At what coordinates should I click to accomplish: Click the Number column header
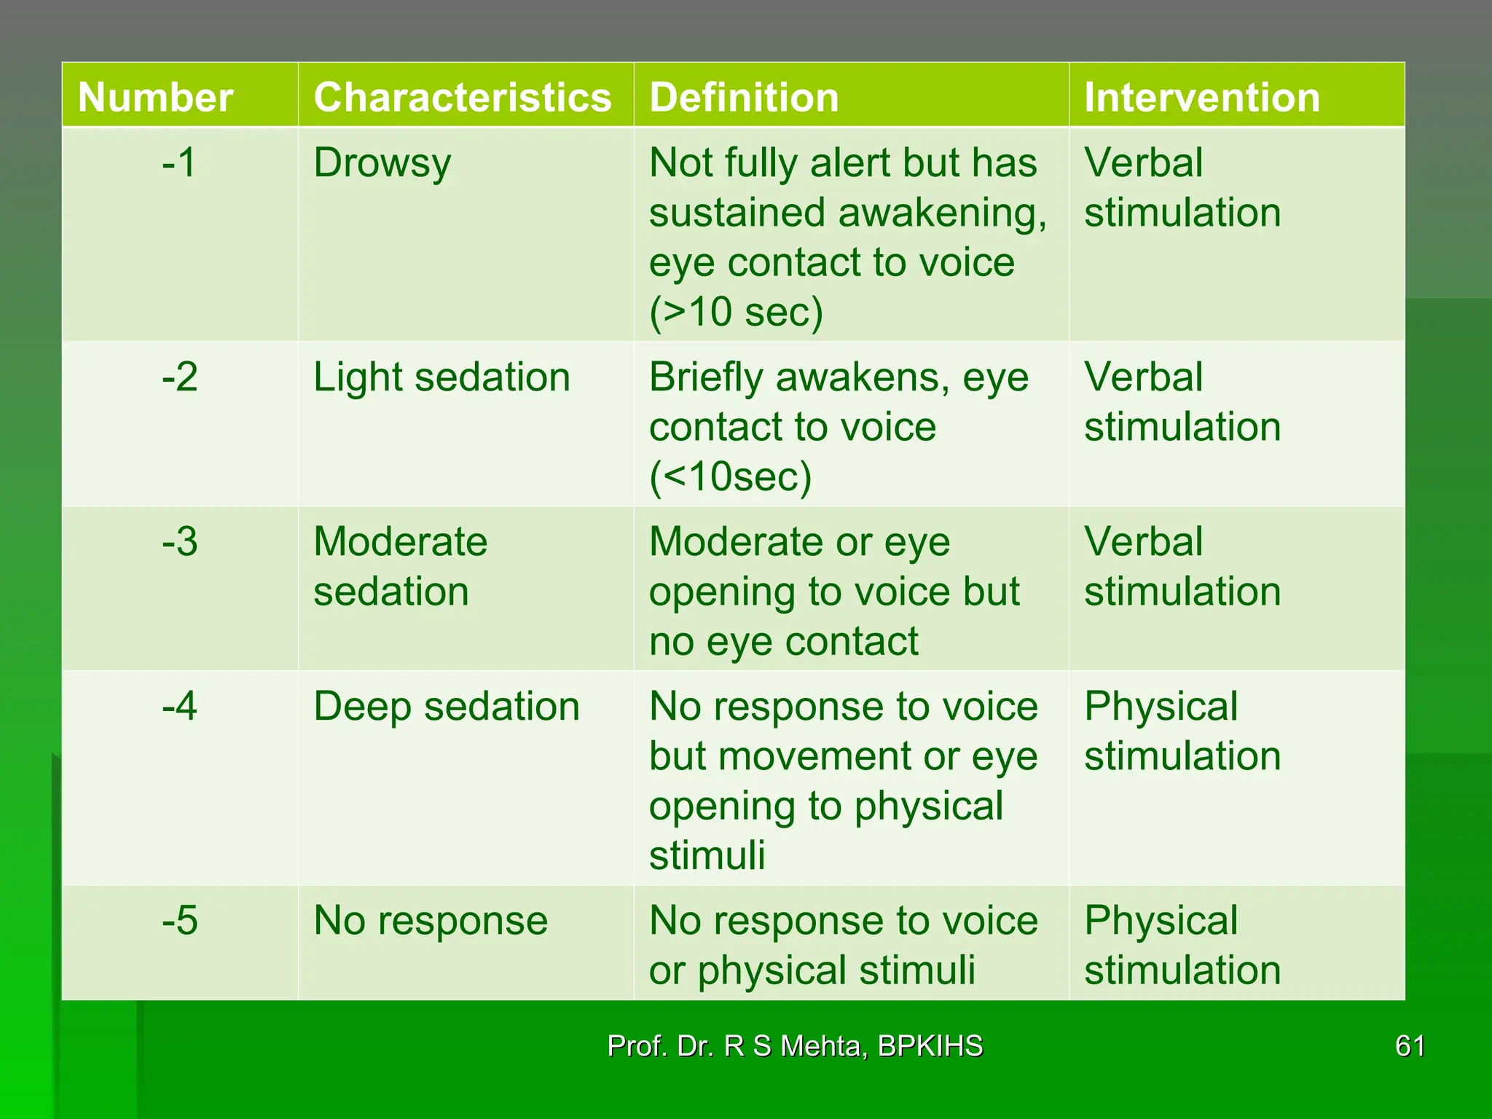(x=155, y=97)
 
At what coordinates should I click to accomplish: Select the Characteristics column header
(x=463, y=97)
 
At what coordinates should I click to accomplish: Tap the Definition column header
(x=744, y=97)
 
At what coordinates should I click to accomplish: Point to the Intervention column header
(x=1202, y=97)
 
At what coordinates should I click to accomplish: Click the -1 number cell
(x=179, y=162)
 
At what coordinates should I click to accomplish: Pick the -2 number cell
(x=179, y=377)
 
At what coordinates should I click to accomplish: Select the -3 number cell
(x=179, y=542)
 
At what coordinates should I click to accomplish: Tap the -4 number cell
(x=179, y=707)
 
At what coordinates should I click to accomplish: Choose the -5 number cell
(x=179, y=921)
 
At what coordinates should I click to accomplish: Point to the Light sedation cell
(x=441, y=377)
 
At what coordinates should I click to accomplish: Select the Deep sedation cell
(x=447, y=707)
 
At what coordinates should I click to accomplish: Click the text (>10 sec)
(x=736, y=312)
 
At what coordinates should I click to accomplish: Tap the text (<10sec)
(x=730, y=476)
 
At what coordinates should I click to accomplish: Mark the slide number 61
(x=1410, y=1046)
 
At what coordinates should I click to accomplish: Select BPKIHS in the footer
(x=930, y=1046)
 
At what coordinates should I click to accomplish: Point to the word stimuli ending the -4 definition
(x=707, y=855)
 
